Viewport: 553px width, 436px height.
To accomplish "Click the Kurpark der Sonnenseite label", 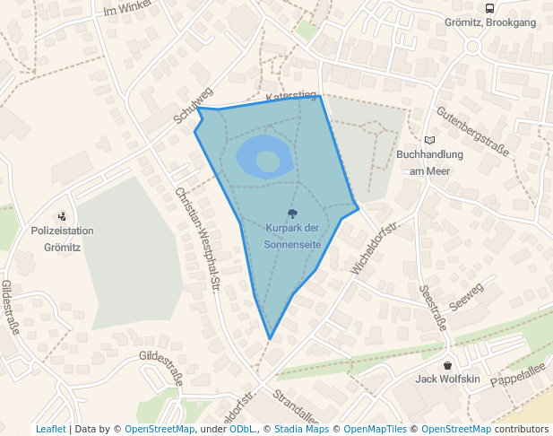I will point(292,236).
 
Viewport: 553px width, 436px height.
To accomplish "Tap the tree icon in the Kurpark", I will point(292,214).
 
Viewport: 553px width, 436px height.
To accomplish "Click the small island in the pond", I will point(268,161).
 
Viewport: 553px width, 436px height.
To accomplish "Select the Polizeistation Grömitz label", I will point(62,238).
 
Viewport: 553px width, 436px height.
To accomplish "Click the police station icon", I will point(62,215).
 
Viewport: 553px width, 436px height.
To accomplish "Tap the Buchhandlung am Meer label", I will point(429,161).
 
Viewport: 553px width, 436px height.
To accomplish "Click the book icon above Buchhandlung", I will point(429,140).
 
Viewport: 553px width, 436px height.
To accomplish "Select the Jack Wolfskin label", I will point(448,379).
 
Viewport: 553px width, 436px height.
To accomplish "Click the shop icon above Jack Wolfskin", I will point(448,365).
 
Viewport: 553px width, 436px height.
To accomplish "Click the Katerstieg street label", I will point(291,94).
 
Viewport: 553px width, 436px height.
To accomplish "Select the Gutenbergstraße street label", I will point(472,131).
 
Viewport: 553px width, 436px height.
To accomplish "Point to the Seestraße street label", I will point(433,309).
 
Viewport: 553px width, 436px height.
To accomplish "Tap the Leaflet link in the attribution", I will point(50,429).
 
